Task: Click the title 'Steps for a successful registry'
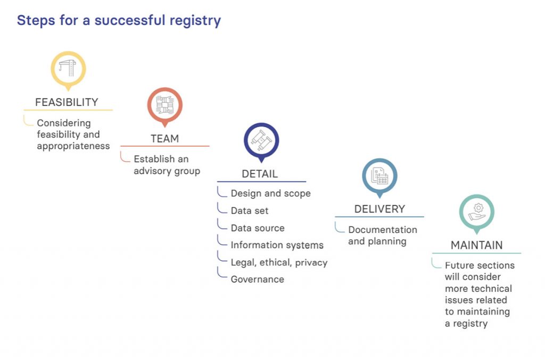[x=119, y=21]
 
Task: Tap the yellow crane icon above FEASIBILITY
[x=68, y=69]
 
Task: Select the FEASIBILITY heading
[x=67, y=102]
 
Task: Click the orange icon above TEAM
[x=164, y=105]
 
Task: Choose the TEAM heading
[x=164, y=139]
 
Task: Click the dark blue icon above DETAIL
[x=261, y=140]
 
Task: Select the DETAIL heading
[x=260, y=174]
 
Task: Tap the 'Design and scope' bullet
[x=270, y=194]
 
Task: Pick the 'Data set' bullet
[x=249, y=211]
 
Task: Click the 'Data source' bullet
[x=258, y=228]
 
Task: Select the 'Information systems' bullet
[x=277, y=245]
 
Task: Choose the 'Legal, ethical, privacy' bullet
[x=279, y=262]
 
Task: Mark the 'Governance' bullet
[x=257, y=279]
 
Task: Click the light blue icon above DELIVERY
[x=379, y=175]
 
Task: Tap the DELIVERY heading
[x=379, y=209]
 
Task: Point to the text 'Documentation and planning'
[x=382, y=236]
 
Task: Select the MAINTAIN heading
[x=476, y=245]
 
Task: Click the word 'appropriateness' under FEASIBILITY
[x=73, y=146]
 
